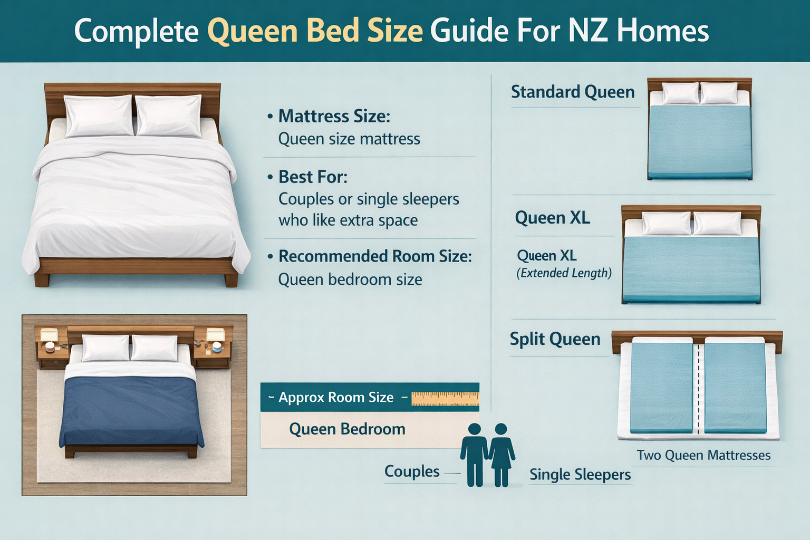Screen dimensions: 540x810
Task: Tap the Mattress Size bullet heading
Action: tap(334, 116)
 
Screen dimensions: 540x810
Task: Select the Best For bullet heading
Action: tap(313, 177)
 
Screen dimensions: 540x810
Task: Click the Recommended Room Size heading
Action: tap(374, 256)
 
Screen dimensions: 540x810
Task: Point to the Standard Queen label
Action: tap(573, 92)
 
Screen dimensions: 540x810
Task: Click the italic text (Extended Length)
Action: tap(564, 273)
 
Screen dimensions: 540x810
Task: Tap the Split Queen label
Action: tap(555, 339)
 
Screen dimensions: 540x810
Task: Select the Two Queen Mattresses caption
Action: tap(703, 455)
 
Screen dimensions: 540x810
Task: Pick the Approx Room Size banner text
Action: tap(336, 398)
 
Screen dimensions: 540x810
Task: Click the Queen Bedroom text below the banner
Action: tap(347, 429)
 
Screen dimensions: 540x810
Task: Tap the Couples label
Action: tap(412, 471)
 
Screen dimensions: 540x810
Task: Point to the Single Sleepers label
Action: tap(580, 475)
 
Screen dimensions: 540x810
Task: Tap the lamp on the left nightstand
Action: tap(49, 335)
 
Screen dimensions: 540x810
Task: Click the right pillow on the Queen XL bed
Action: tap(716, 223)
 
